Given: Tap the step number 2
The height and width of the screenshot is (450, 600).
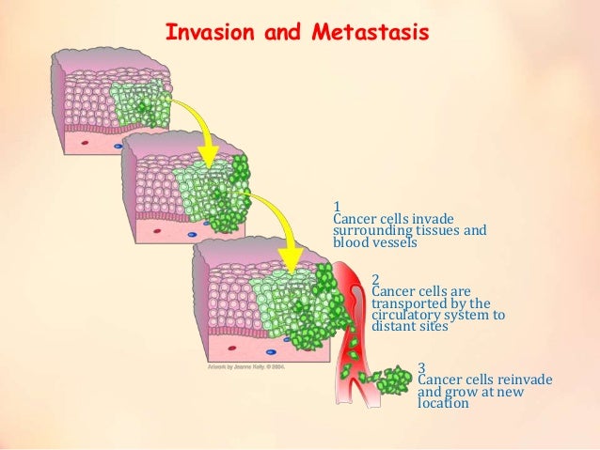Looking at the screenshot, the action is (x=375, y=279).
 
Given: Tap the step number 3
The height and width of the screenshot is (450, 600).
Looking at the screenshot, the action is (x=421, y=366).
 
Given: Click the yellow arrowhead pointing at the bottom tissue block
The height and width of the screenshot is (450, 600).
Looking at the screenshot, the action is (x=292, y=256).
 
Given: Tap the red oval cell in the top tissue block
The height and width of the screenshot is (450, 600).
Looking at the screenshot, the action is (x=85, y=144).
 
